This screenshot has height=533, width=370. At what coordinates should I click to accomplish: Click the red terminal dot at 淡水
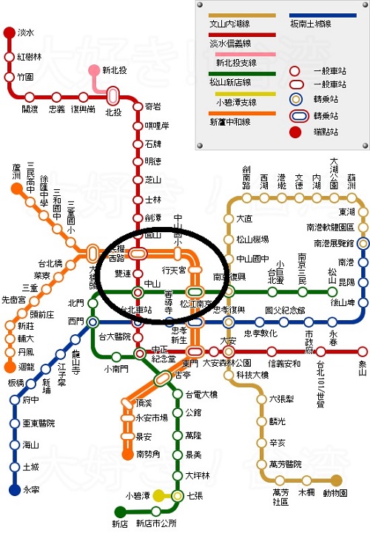click(x=9, y=33)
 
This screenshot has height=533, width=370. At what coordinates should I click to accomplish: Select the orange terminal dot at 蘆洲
click(x=16, y=189)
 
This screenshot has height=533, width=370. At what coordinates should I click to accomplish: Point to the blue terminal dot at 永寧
click(x=14, y=489)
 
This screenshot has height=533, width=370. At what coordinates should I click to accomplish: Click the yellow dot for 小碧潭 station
click(x=178, y=495)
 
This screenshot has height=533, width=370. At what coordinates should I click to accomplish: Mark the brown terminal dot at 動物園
click(x=337, y=480)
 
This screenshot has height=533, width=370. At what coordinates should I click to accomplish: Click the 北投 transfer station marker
click(x=112, y=95)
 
